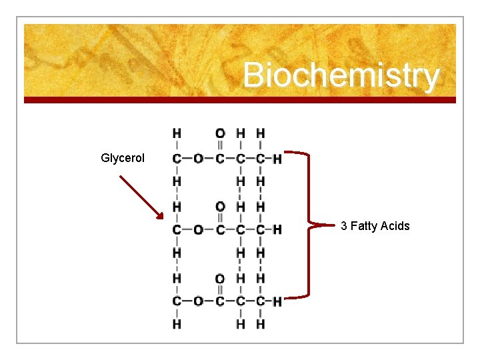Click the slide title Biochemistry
tap(341, 75)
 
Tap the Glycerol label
tap(123, 158)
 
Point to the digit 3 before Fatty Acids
tap(344, 226)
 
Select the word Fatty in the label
tap(364, 226)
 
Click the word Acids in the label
tap(395, 226)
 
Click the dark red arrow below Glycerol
tap(141, 197)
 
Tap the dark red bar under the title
tap(240, 100)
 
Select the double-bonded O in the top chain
tap(220, 133)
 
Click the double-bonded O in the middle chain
tap(220, 207)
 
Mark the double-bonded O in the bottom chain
tap(220, 279)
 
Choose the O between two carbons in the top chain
tap(198, 158)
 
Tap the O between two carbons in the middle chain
tap(198, 229)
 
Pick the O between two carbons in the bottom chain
tap(198, 301)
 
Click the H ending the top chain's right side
tap(277, 158)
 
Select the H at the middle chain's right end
tap(277, 229)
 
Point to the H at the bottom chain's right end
tap(277, 301)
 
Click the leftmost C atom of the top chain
tap(177, 158)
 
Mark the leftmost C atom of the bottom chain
tap(177, 301)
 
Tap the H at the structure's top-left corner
tap(177, 133)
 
